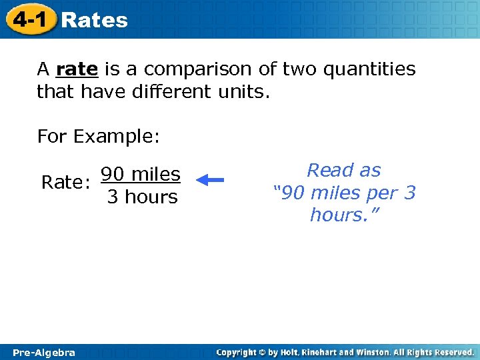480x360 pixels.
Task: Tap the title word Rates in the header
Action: pyautogui.click(x=94, y=20)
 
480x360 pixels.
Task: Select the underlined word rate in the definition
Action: pyautogui.click(x=77, y=69)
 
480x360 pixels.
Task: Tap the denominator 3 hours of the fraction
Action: pyautogui.click(x=142, y=197)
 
